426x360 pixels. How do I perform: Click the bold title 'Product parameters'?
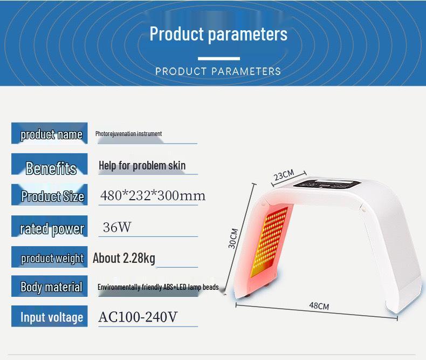point(218,34)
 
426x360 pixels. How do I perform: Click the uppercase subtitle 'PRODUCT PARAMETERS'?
point(218,71)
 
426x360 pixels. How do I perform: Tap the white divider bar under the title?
point(218,58)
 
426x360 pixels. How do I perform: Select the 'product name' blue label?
point(50,134)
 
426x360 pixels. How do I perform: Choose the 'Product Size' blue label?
point(50,195)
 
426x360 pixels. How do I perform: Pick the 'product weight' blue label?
point(50,257)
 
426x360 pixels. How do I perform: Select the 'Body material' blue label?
point(50,287)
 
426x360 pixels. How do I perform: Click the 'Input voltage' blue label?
point(50,317)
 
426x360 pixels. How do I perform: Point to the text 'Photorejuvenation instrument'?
point(128,133)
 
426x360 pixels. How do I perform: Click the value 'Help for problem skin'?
point(142,165)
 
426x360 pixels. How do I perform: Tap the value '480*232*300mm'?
point(153,195)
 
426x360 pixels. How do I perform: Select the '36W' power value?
point(117,227)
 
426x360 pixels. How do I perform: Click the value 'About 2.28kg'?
point(124,258)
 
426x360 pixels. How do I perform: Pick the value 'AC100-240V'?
point(138,317)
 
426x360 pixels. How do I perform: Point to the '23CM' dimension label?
point(284,175)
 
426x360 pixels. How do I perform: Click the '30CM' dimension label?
point(233,238)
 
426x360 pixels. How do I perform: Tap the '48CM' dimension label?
point(319,306)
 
